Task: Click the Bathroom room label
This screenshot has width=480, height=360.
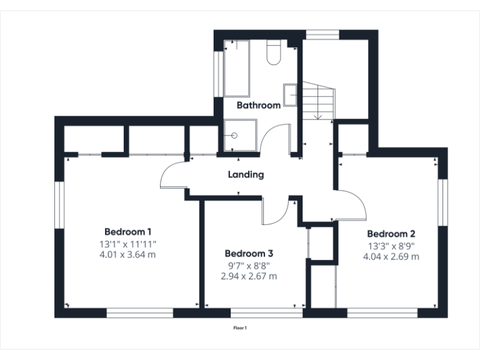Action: tap(258, 106)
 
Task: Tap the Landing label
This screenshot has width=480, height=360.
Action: tap(246, 175)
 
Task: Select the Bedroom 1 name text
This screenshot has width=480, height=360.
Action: tap(127, 230)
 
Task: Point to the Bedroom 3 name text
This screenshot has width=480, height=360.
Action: tap(249, 254)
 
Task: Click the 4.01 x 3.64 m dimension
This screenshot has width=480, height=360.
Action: tap(127, 254)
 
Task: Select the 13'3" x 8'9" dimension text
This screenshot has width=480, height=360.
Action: tap(390, 246)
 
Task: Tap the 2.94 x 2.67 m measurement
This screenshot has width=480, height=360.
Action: tap(249, 276)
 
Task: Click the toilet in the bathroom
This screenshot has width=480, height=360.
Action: tap(274, 52)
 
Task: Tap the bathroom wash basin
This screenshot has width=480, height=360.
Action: tap(291, 95)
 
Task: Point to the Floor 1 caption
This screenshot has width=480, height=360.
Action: tap(240, 327)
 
